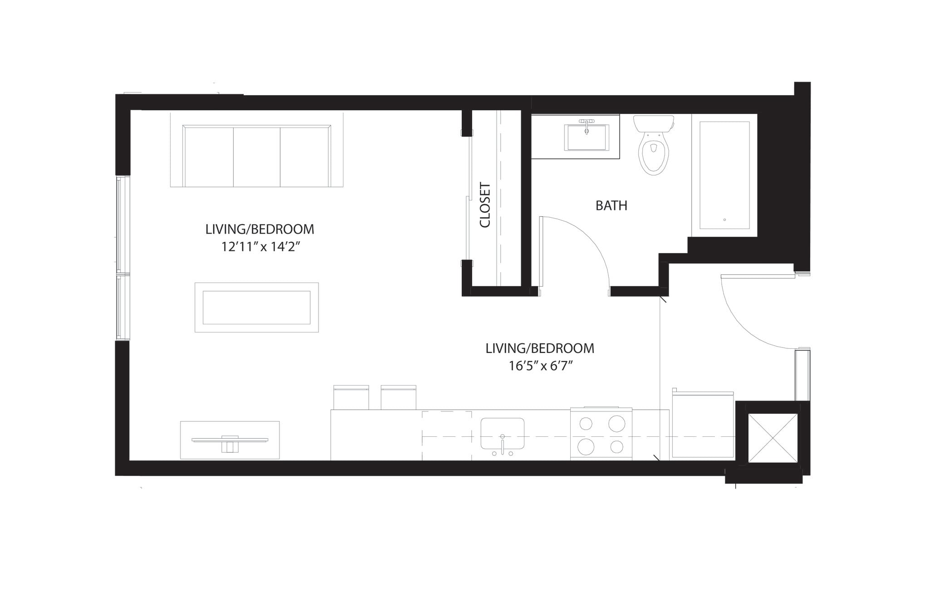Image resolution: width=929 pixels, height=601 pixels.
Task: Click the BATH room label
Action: tap(611, 205)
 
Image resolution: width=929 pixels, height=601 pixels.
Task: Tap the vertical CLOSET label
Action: tap(485, 205)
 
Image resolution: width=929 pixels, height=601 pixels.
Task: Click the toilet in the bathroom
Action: tap(653, 150)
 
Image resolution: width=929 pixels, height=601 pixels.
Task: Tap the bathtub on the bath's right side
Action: tap(724, 175)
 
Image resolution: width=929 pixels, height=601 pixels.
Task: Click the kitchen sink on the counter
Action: tap(502, 433)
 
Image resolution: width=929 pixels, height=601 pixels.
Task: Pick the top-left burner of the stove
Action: tap(586, 424)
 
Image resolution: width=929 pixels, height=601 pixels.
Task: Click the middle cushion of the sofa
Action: tap(257, 156)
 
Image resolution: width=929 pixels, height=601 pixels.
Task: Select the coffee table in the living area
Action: tap(256, 308)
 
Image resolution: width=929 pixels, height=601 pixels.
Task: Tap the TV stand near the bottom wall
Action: tap(230, 440)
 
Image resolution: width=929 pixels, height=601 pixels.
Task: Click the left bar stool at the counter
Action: tap(351, 398)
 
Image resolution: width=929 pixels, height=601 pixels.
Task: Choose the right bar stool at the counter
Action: tap(398, 398)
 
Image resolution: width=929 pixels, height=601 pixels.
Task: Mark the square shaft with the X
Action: tap(773, 438)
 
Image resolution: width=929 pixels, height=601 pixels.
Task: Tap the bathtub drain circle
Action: tap(724, 220)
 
